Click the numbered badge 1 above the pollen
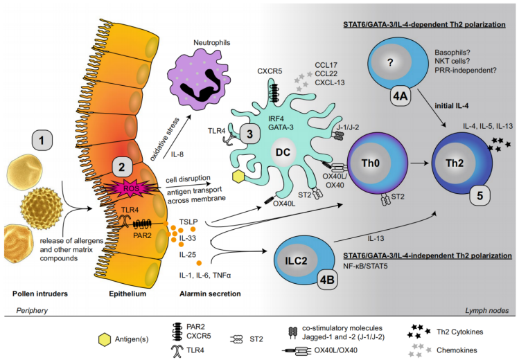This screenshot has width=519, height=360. coord(42,140)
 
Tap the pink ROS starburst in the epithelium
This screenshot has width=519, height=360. coord(132,188)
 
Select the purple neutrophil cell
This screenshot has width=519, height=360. coord(199,78)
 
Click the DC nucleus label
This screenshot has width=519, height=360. coord(283,152)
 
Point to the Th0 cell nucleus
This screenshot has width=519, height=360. coord(370,163)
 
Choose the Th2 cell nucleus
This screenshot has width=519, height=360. coord(454,163)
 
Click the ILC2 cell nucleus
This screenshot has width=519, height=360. coord(296,260)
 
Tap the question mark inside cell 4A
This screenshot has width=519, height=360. coord(391,62)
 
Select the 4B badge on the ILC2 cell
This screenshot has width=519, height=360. coord(327,280)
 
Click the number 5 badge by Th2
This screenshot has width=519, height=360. coord(480,196)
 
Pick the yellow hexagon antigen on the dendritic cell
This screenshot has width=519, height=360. coord(238,177)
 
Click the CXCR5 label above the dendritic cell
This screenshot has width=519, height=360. coord(270,71)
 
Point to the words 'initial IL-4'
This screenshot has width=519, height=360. coord(452,106)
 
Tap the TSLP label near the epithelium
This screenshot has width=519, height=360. coord(188,222)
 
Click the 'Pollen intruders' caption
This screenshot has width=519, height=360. coord(40,294)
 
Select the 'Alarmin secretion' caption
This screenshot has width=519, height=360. coord(210,294)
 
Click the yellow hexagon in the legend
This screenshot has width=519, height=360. coord(105,340)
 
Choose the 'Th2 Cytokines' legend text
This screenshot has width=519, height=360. coord(459,332)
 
